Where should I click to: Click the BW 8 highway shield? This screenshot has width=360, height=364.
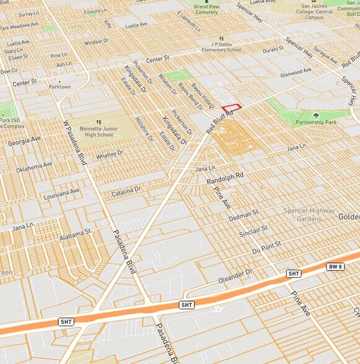335,266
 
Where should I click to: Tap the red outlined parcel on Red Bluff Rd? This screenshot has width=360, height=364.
231,108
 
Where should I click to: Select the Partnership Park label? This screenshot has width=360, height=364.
315,123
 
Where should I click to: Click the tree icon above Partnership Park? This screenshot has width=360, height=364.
316,115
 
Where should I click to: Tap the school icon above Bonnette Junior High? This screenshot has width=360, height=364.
99,123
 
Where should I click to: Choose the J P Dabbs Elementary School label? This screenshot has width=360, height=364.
217,48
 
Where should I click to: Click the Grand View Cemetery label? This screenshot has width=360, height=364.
206,9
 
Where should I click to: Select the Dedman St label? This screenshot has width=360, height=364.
243,216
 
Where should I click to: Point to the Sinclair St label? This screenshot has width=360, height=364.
253,232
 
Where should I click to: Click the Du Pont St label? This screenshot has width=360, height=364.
267,248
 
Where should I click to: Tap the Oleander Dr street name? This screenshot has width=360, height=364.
235,275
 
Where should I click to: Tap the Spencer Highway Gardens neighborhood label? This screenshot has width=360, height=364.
309,215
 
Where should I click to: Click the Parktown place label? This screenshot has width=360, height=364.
60,87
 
